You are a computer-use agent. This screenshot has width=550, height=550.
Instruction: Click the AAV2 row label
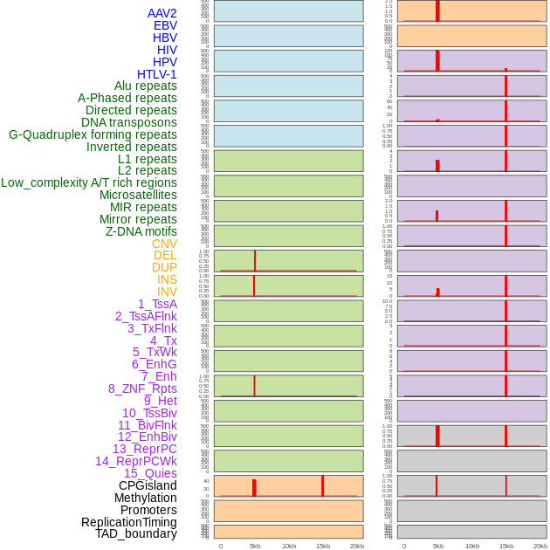162,13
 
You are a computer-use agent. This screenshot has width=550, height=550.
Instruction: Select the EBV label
165,25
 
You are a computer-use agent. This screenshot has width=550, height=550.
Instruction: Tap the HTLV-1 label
156,74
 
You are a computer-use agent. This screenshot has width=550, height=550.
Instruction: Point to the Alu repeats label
146,86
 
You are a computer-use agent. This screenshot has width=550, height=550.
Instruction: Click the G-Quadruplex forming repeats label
93,134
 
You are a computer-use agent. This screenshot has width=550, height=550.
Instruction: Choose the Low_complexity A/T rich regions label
89,182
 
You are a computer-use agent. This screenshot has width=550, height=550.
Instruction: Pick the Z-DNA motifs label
141,231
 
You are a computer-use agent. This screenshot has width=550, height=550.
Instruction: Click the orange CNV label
164,244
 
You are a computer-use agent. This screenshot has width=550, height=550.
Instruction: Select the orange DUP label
164,267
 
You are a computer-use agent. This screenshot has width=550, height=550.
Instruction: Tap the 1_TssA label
157,304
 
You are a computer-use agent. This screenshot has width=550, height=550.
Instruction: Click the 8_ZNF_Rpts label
142,388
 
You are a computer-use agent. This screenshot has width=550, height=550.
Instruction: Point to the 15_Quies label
150,473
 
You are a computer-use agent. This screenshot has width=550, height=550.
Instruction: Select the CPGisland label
148,485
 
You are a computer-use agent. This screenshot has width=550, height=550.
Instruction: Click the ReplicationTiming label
129,522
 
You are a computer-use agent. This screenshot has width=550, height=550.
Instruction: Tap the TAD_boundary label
136,533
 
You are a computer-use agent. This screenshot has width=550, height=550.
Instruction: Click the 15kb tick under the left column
322,546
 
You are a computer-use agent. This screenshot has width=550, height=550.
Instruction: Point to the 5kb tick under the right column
437,546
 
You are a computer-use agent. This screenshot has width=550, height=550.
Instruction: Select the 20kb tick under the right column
540,546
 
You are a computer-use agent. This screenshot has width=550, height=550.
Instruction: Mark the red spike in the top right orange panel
437,10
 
